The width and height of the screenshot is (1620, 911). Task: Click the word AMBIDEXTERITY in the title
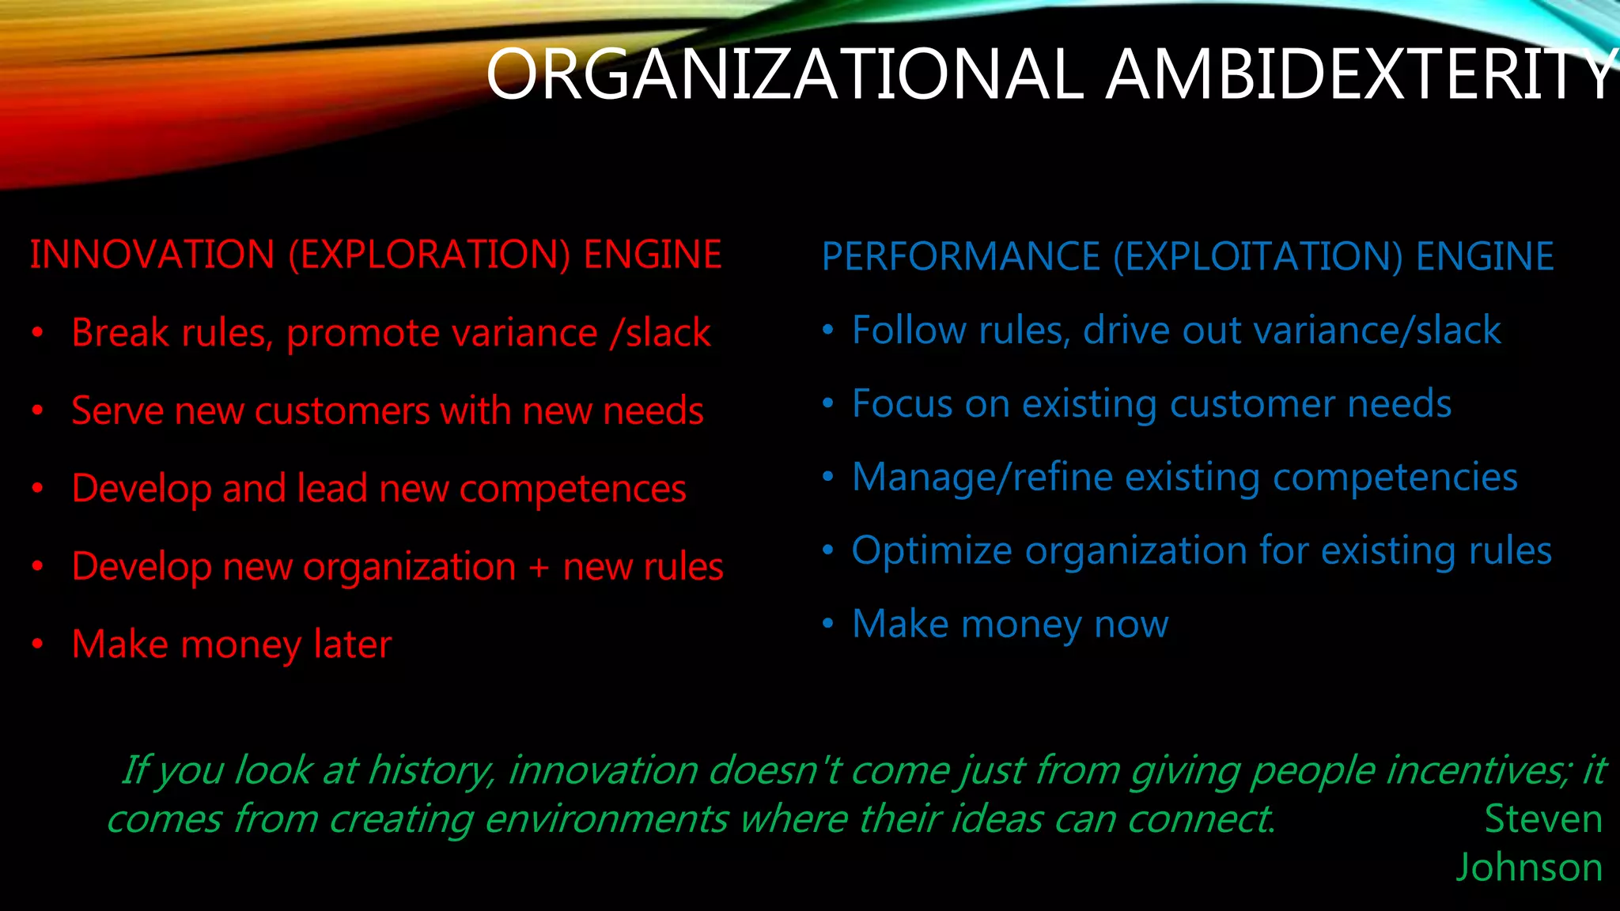coord(1361,75)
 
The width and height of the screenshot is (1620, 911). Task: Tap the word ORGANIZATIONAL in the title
coord(783,75)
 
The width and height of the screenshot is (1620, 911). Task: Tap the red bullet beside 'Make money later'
coord(37,645)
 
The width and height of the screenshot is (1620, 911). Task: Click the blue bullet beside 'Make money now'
coord(827,623)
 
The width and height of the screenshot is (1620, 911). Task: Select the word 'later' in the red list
coord(352,645)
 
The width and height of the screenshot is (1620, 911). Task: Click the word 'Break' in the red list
coord(120,333)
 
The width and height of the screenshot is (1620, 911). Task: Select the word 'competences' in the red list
coord(573,490)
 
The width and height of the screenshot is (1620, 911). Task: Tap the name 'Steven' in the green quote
coord(1543,819)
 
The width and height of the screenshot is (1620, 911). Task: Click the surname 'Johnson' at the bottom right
coord(1530,868)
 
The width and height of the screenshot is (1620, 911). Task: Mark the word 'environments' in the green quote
coord(606,819)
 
